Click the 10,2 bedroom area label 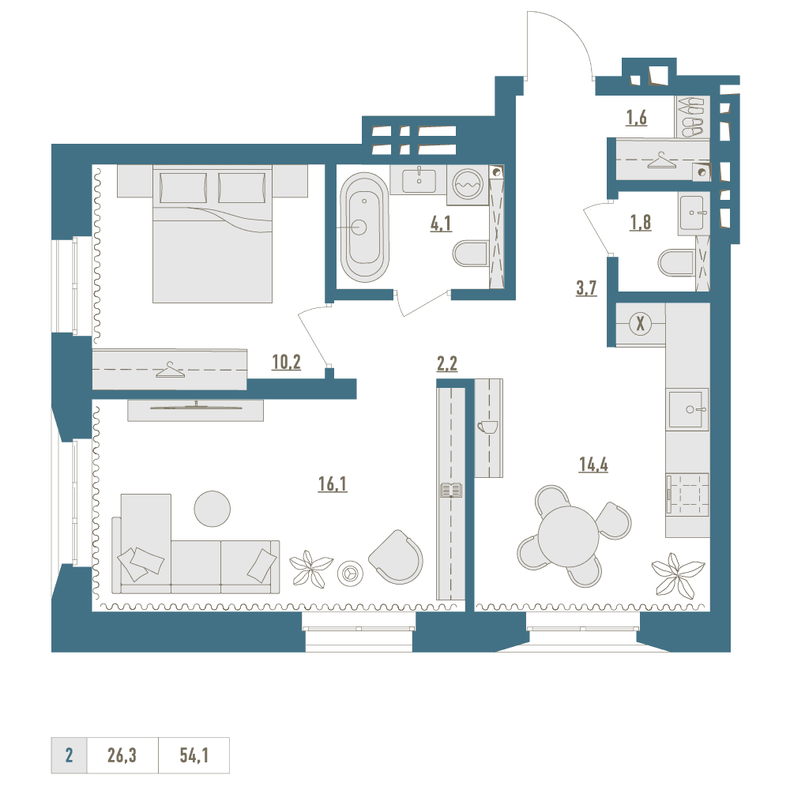286,362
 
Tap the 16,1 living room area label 333,484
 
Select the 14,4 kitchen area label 593,464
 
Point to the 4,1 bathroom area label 441,223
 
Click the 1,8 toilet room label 641,222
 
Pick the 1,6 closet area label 636,118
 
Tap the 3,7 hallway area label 586,288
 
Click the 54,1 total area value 194,755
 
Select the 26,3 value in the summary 122,755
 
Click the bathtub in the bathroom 364,228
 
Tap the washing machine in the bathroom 468,185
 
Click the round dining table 568,536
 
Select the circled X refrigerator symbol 641,323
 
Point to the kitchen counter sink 688,408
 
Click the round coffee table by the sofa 213,508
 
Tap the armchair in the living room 397,557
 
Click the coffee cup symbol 487,427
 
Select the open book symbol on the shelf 451,491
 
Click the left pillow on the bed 183,187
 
